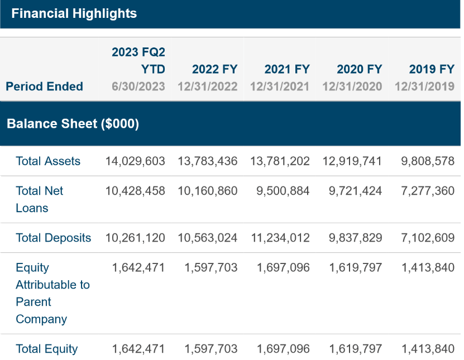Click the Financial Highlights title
click(x=74, y=13)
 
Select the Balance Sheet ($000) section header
click(x=73, y=123)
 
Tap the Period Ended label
click(x=44, y=87)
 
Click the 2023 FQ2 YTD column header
click(x=138, y=60)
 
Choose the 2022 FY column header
click(x=214, y=69)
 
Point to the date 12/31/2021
click(x=279, y=87)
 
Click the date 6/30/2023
click(x=138, y=87)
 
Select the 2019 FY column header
click(x=432, y=69)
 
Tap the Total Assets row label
click(x=48, y=161)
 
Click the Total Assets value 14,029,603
click(x=135, y=161)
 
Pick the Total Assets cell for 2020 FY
click(x=352, y=161)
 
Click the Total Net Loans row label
click(x=40, y=199)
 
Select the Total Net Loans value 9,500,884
click(x=283, y=191)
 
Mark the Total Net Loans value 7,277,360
click(x=428, y=191)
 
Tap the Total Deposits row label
click(x=53, y=238)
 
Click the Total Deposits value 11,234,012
click(x=280, y=238)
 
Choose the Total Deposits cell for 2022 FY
click(x=208, y=238)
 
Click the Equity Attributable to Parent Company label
click(x=52, y=294)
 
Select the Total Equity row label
click(x=47, y=349)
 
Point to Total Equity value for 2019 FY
click(x=428, y=349)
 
